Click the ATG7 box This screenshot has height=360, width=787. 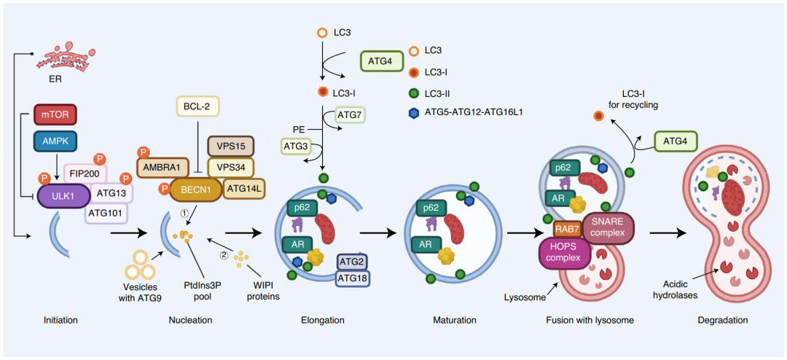tap(348, 115)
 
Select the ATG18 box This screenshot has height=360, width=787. tap(353, 277)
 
